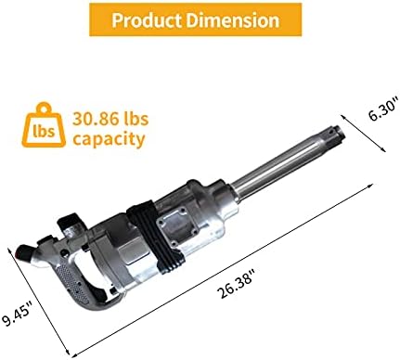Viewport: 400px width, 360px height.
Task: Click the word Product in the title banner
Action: tap(148, 20)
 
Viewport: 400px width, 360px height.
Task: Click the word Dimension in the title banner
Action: tap(233, 19)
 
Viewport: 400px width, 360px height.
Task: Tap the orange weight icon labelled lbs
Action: tap(44, 125)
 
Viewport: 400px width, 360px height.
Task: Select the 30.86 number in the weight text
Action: tap(94, 119)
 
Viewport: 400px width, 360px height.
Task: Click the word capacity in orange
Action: tap(109, 139)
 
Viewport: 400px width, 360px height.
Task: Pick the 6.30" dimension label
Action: tap(383, 109)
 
